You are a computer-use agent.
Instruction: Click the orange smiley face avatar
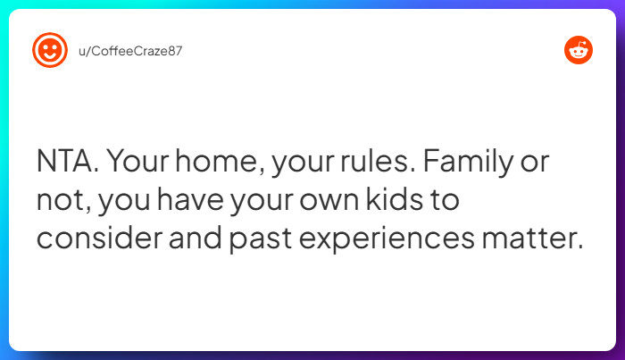pyautogui.click(x=50, y=50)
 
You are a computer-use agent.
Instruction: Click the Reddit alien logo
pyautogui.click(x=579, y=51)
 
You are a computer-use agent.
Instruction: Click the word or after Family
pyautogui.click(x=535, y=163)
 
